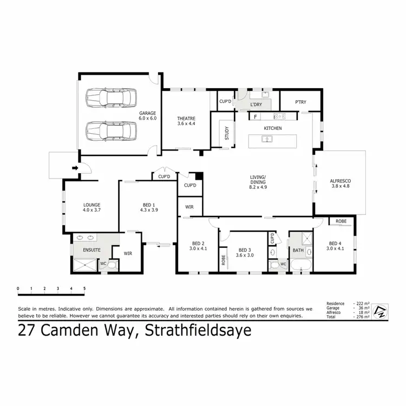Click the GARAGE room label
point(147,113)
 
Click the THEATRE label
point(186,119)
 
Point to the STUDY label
point(227,133)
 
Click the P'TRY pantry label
point(300,102)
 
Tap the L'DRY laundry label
point(256,104)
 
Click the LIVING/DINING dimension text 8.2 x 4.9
point(258,187)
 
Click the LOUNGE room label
point(91,205)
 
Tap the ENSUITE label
point(91,250)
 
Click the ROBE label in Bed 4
point(341,221)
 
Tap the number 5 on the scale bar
point(84,287)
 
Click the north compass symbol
point(381,311)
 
